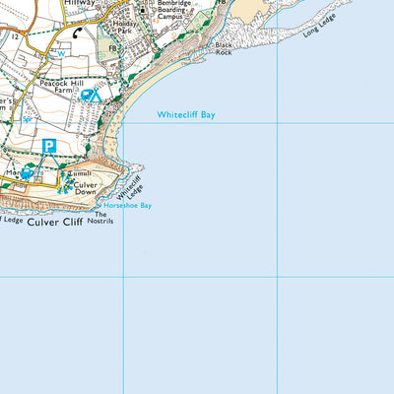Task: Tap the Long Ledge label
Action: (x=320, y=41)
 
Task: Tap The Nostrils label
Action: (x=103, y=218)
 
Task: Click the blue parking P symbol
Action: (x=49, y=147)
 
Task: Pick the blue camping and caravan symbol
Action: (x=88, y=96)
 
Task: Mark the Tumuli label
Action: (x=83, y=171)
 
